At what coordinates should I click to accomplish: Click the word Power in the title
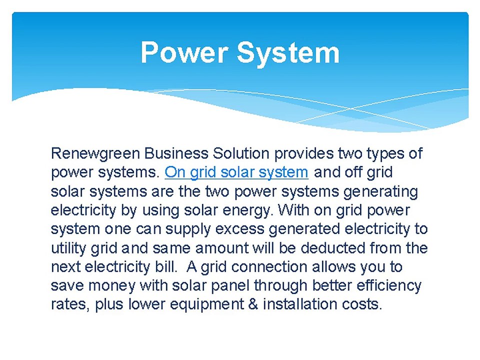point(183,52)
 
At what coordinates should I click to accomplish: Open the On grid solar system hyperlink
point(236,172)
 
